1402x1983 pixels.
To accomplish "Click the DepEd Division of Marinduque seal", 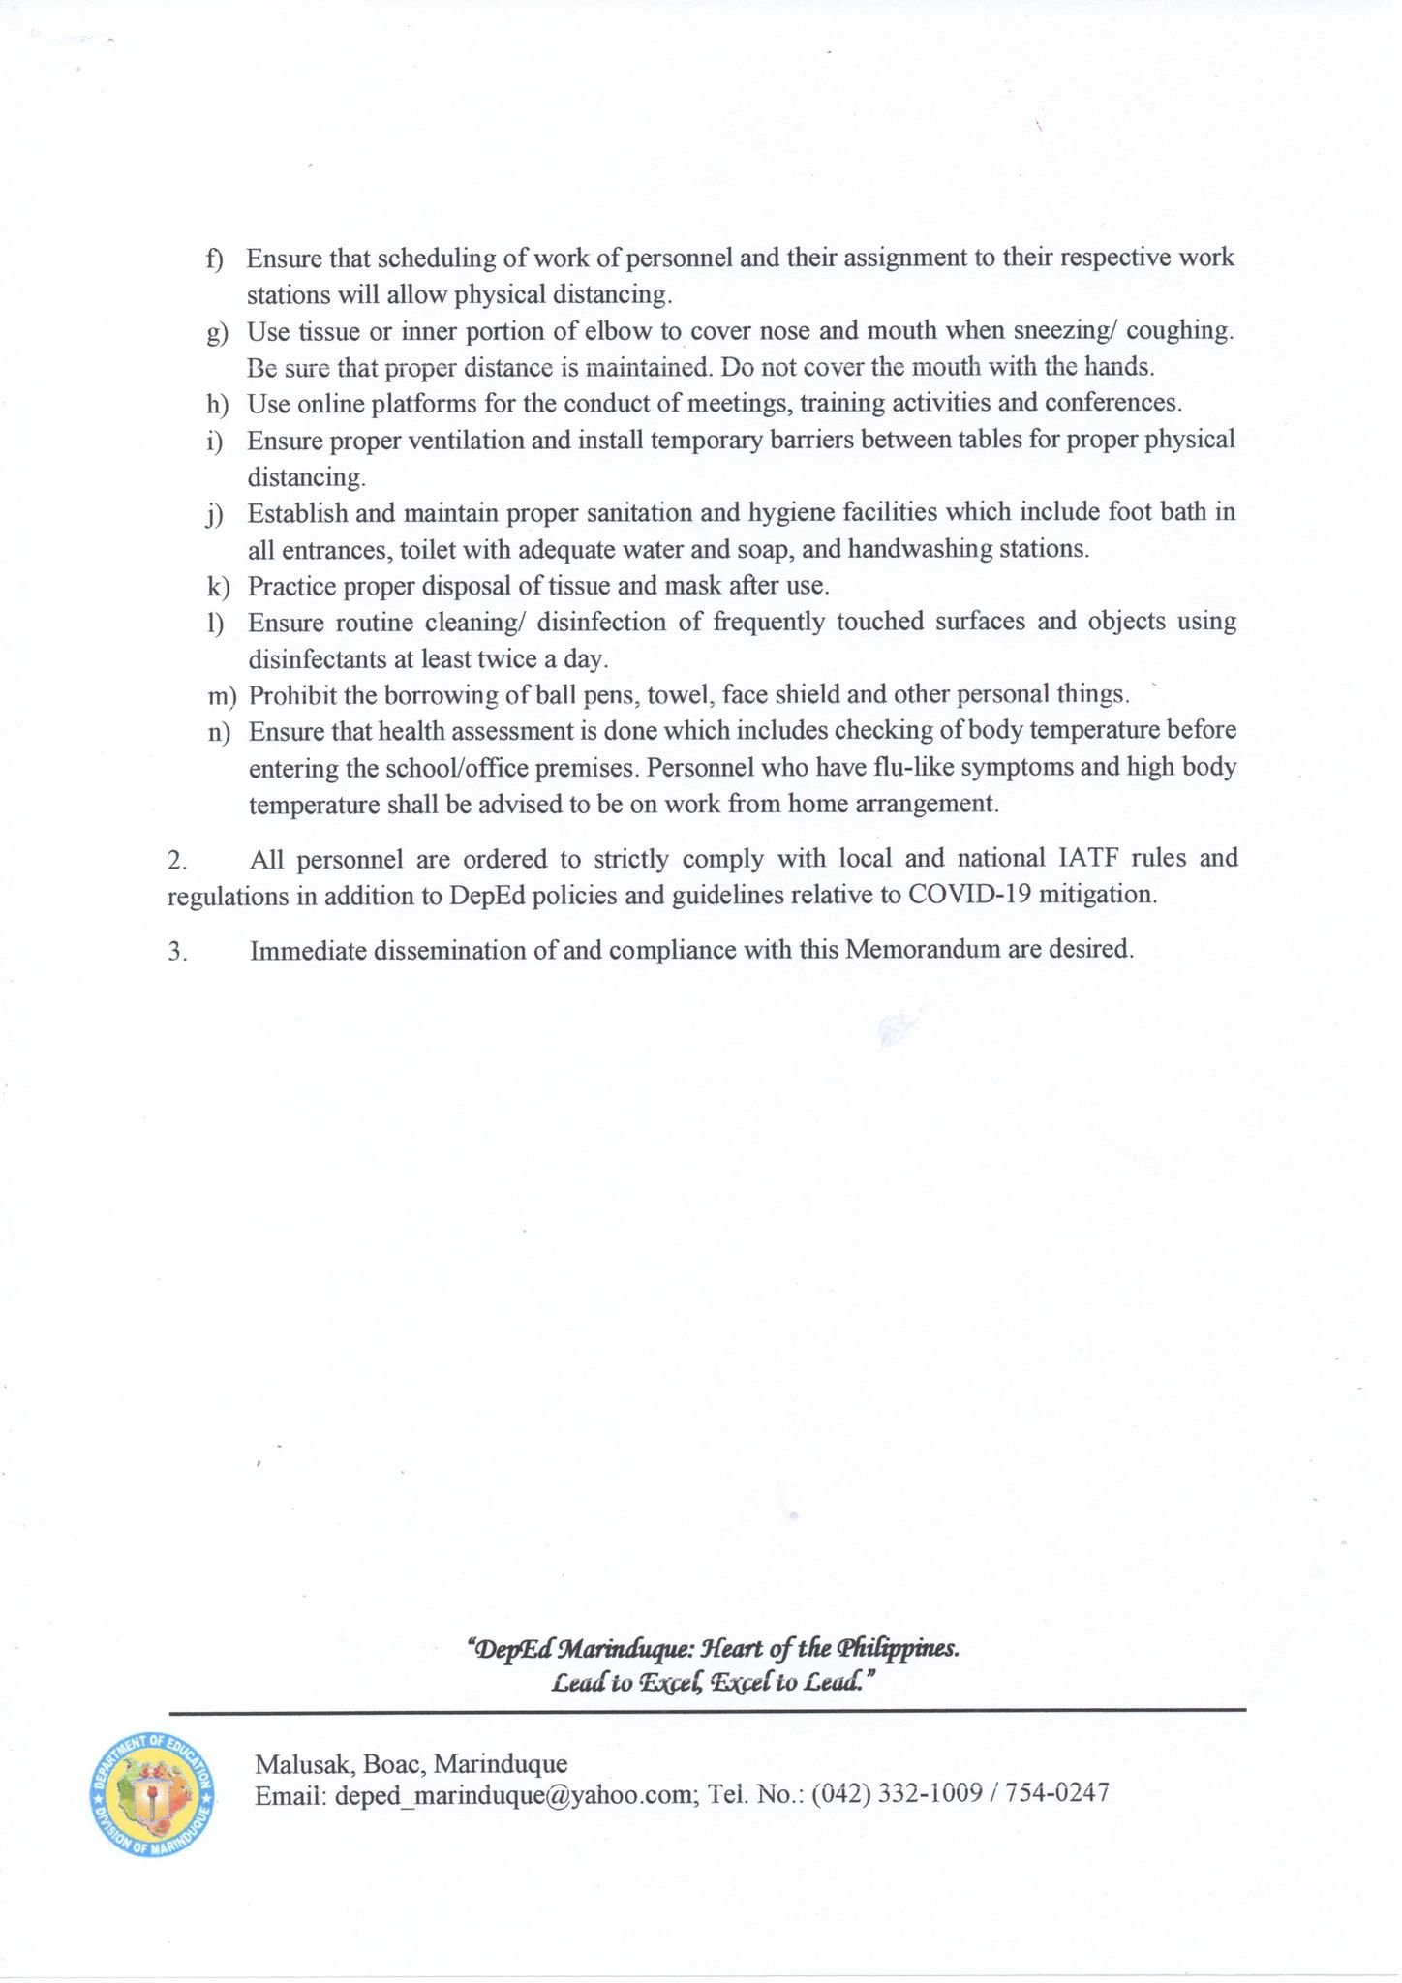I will [152, 1794].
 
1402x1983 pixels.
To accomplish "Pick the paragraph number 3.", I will [176, 951].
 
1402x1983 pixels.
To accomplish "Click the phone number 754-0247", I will [1057, 1793].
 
